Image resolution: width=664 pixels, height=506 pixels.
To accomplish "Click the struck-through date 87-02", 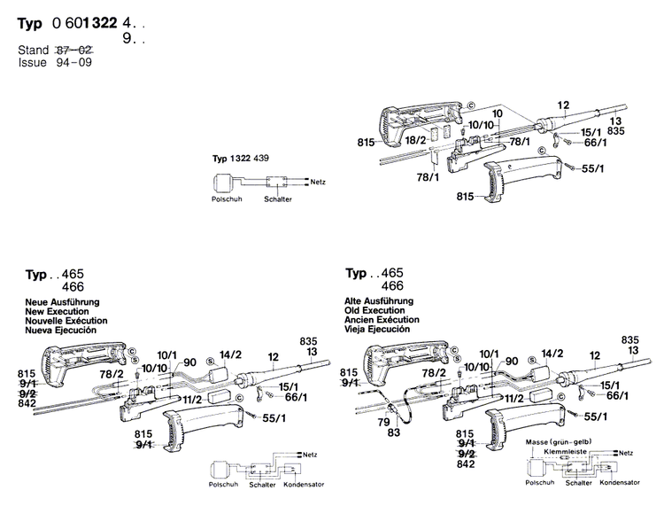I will pos(74,51).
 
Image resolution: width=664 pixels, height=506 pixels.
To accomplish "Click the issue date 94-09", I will pos(74,62).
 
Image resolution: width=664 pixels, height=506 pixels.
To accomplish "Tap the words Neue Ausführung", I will pos(54,302).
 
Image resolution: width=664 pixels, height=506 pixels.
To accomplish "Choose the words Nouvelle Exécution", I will pos(60,320).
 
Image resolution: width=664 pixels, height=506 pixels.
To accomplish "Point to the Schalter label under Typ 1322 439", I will pos(276,199).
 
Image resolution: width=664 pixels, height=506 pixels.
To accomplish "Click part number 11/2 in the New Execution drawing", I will pos(194,400).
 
